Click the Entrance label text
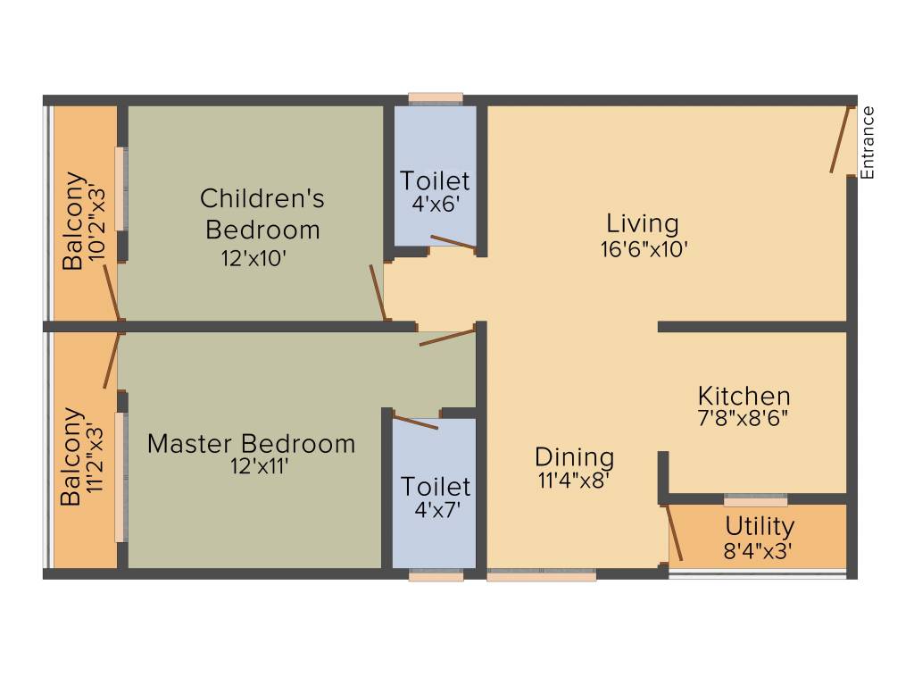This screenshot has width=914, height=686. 868,143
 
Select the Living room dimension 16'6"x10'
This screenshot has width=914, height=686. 643,249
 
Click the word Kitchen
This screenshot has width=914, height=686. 744,396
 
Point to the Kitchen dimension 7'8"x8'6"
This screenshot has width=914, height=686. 744,416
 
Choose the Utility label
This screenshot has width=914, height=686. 759,525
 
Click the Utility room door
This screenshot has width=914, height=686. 675,533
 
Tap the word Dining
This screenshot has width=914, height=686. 574,457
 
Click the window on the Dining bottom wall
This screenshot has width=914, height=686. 542,577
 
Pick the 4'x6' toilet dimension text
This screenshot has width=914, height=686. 435,203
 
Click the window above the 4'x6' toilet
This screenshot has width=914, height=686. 436,98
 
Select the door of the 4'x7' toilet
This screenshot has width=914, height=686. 416,422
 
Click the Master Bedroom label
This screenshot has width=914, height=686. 251,443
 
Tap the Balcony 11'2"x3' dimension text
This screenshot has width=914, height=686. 94,457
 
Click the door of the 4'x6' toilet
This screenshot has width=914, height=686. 453,241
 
